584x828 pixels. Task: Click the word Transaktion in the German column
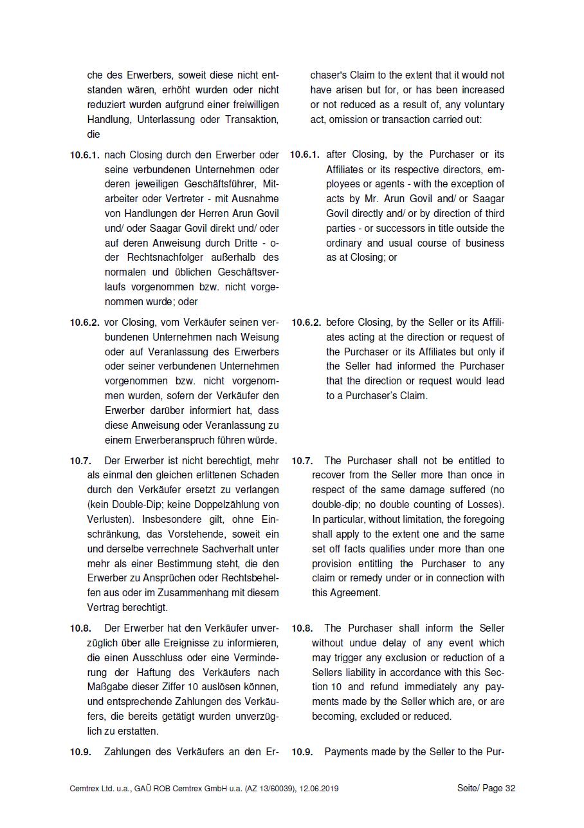click(251, 120)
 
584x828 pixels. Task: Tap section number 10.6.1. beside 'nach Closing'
click(85, 155)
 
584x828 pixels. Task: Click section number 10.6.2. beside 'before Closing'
click(306, 323)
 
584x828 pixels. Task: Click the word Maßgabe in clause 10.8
click(107, 687)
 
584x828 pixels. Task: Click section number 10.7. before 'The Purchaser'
click(302, 461)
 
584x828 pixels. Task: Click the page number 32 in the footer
click(510, 789)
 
